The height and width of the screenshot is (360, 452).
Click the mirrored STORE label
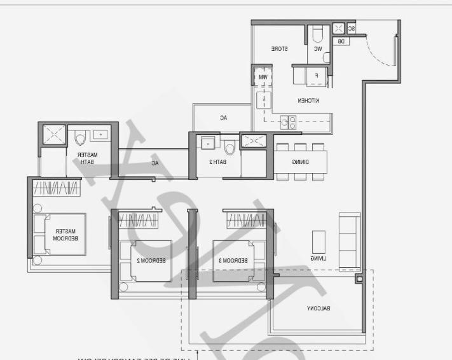tap(280, 49)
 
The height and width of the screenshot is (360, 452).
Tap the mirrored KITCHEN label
tap(308, 100)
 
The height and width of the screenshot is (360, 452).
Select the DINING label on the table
tap(301, 162)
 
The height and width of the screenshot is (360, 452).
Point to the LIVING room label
tap(318, 258)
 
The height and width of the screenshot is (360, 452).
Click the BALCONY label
tap(317, 308)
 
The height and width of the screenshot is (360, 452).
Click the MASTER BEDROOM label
tap(66, 235)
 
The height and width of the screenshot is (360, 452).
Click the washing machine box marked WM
tap(262, 77)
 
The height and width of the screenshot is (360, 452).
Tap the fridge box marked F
tap(316, 76)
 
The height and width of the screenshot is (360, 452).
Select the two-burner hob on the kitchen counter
tap(288, 121)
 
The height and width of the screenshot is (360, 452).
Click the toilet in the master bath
tap(81, 137)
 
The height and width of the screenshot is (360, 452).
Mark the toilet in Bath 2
tap(230, 146)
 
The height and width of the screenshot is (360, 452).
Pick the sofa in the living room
tap(349, 241)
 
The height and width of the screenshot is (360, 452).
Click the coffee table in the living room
tap(318, 241)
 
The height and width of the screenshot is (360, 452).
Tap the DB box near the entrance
tap(341, 41)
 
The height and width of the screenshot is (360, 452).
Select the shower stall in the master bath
tap(54, 135)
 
